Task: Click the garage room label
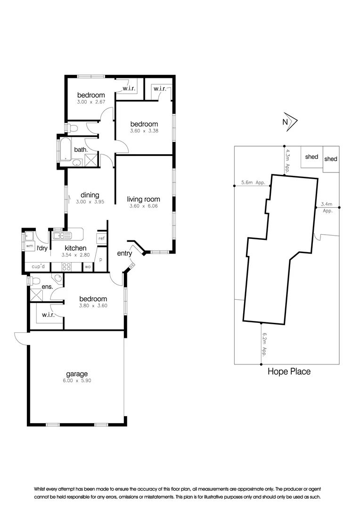tap(76, 374)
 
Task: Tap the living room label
tap(143, 199)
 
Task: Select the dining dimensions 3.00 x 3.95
tap(90, 202)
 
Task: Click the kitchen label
tap(75, 248)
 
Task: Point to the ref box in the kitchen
tap(101, 238)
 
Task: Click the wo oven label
tap(88, 267)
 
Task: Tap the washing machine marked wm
tap(29, 246)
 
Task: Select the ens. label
tap(47, 286)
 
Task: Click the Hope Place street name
tap(289, 371)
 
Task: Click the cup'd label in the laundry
tap(38, 267)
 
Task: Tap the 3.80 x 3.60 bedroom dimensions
tap(93, 305)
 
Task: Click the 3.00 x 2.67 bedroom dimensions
tap(91, 102)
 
